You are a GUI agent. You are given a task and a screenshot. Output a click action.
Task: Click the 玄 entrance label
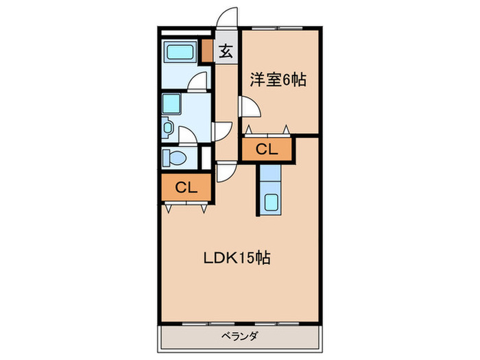pos(225,51)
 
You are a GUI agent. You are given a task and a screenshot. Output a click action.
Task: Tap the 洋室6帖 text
pos(278,80)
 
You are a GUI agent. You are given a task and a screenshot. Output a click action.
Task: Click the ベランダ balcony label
pos(239,336)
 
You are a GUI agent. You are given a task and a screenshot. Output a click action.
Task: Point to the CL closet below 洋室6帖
pos(267,150)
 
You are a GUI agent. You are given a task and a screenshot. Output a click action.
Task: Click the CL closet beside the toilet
pos(187,187)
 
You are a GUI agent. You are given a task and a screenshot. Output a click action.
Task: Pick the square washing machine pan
pos(171,104)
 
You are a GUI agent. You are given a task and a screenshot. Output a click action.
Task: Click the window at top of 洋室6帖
pos(278,29)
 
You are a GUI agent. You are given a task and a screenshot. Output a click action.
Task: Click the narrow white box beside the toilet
pos(206,157)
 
